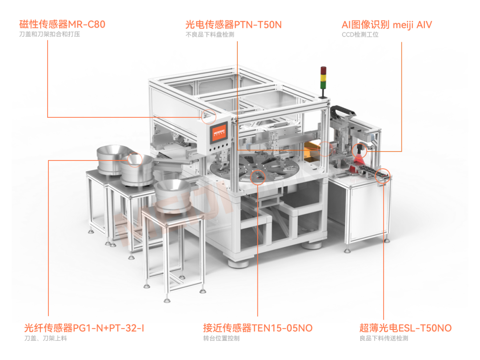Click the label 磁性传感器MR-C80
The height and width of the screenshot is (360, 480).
point(62,24)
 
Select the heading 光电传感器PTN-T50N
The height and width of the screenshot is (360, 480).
point(233,24)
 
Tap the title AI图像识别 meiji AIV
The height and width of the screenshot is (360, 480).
point(386,24)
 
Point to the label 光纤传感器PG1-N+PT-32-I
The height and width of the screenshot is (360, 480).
point(84,328)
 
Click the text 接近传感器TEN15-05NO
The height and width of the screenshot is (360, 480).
point(258,328)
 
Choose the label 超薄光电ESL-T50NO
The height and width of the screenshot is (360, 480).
point(405,328)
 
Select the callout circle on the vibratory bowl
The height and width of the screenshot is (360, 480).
point(135,159)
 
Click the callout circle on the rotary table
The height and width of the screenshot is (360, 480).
point(258,176)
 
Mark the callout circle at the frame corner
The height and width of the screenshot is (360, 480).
point(208,116)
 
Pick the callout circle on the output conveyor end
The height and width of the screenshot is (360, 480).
point(382,176)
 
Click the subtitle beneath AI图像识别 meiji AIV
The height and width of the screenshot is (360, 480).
point(360,34)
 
